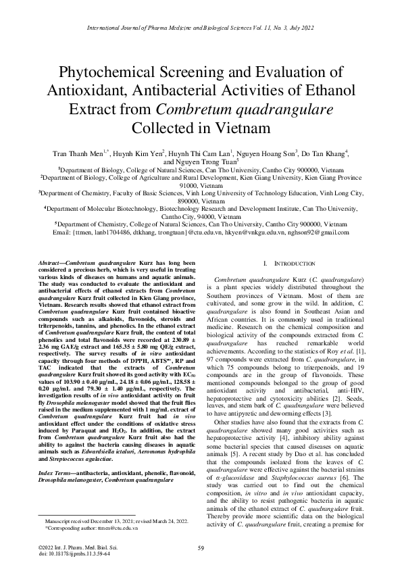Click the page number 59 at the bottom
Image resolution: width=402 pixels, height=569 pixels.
[x=201, y=547]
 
